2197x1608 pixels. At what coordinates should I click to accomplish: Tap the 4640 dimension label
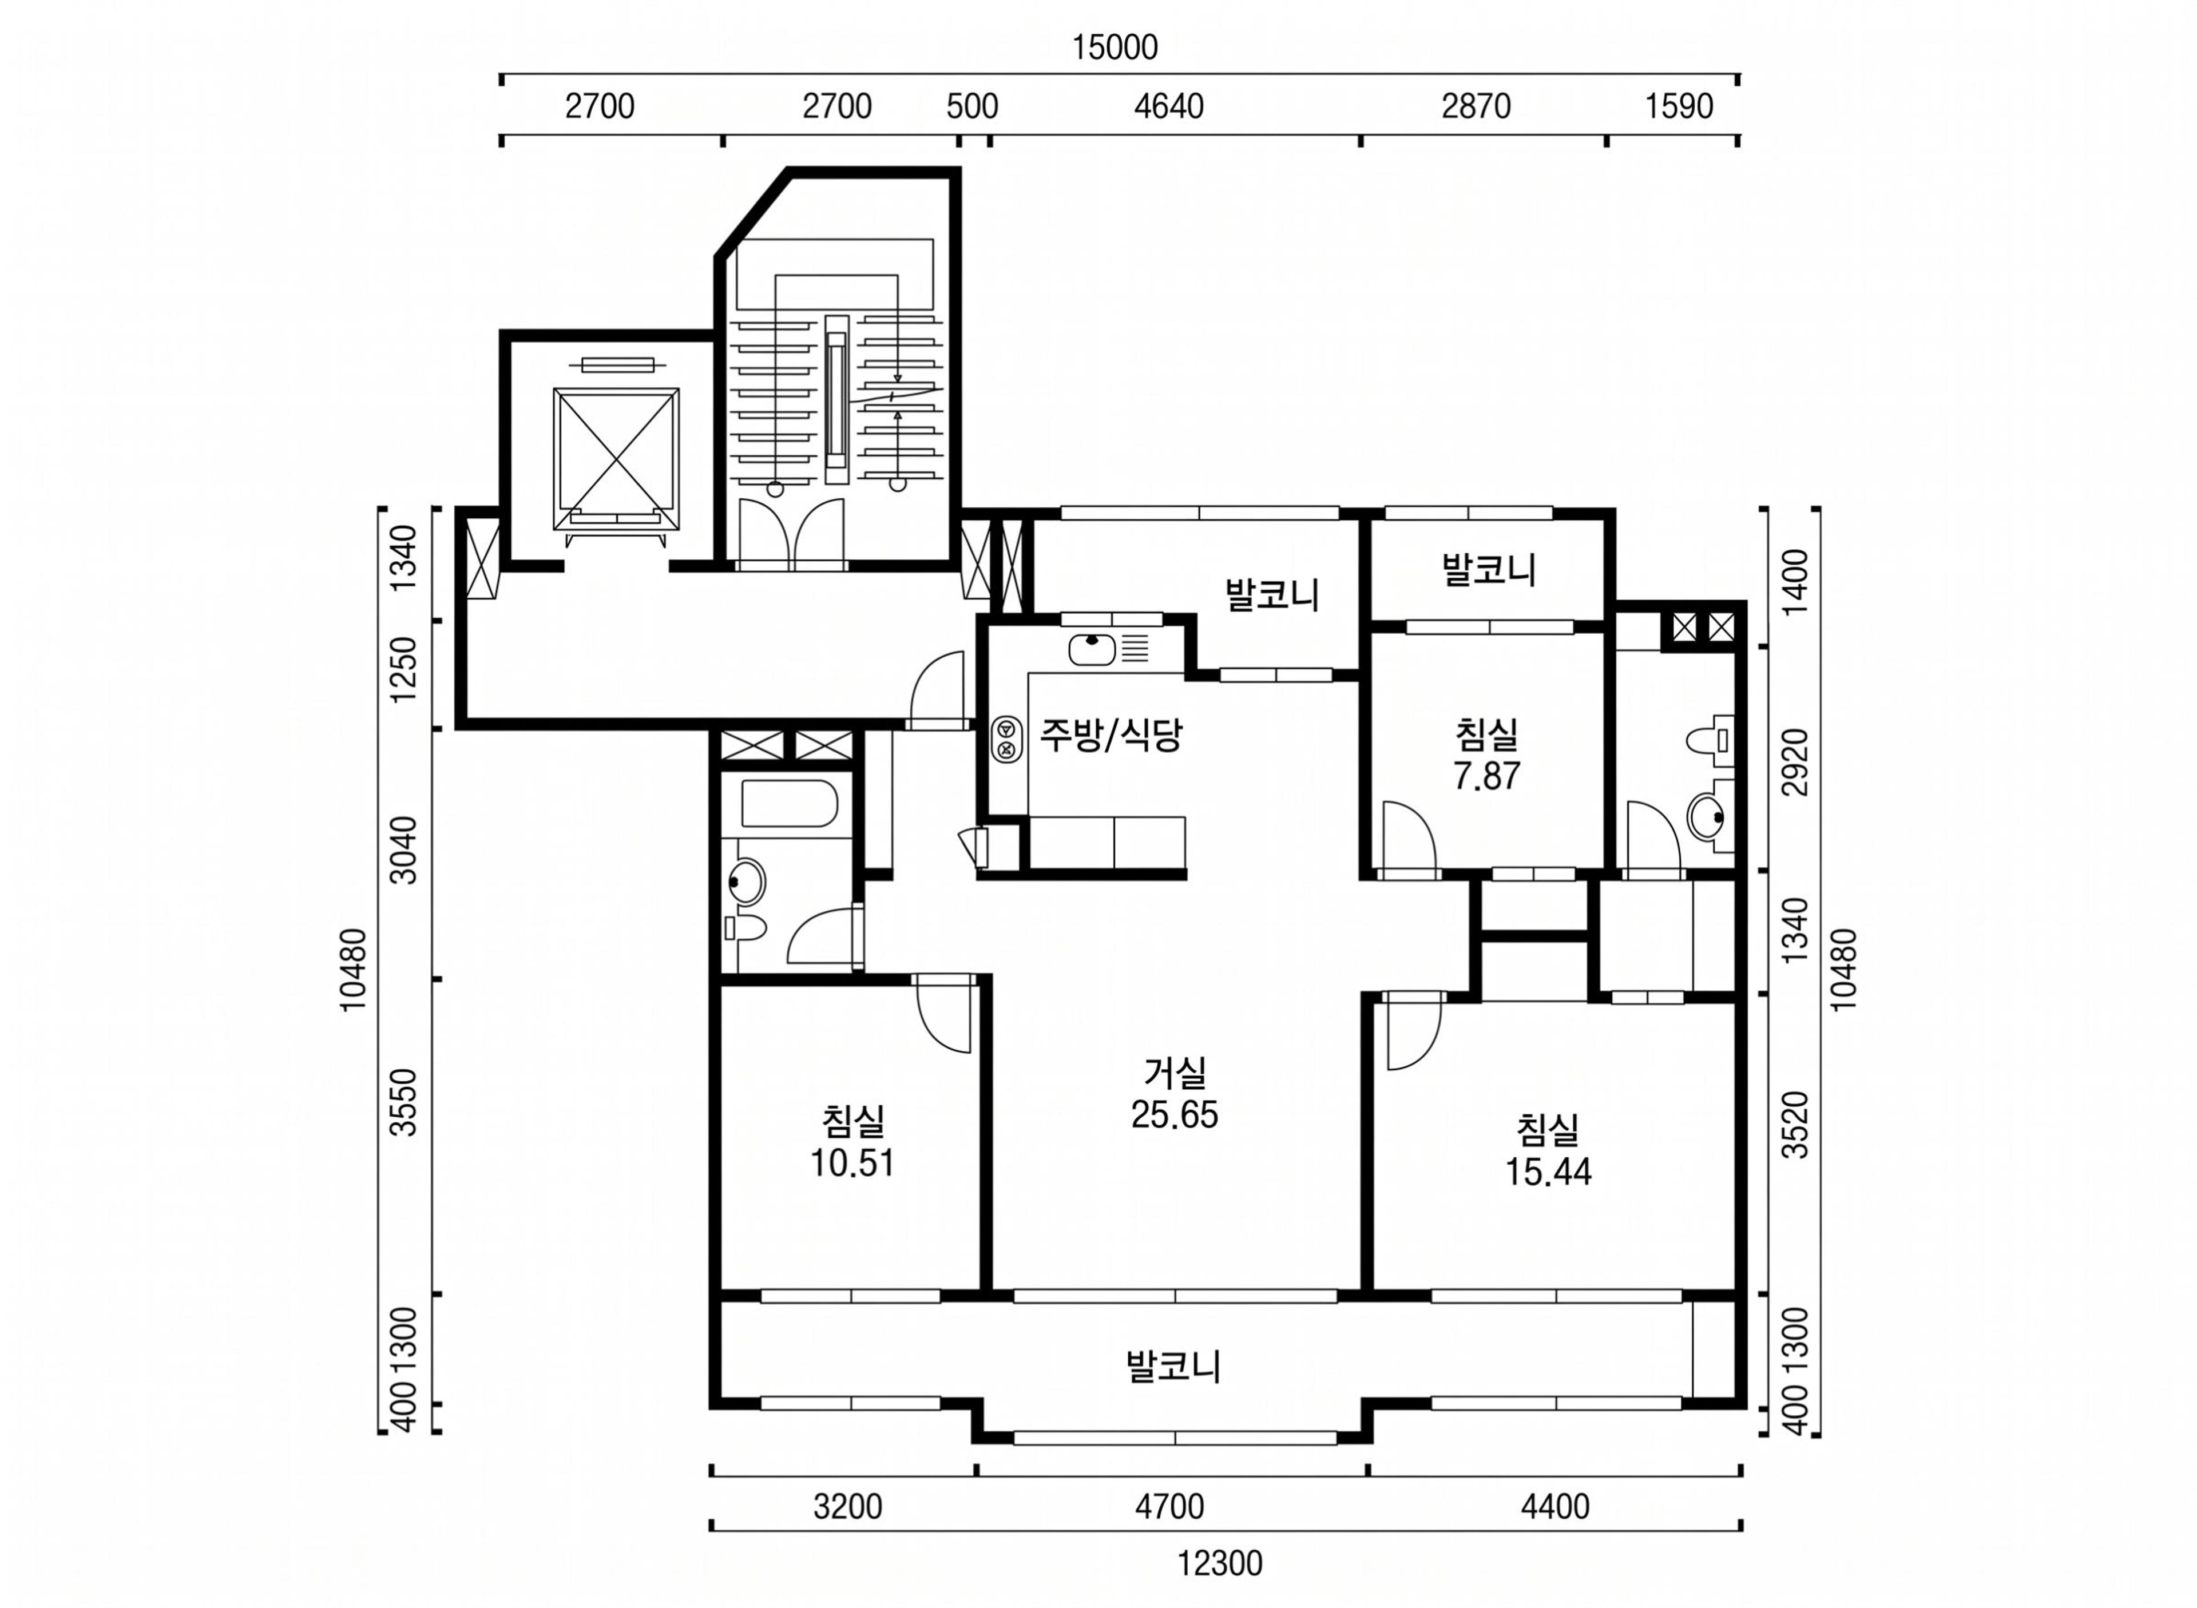pos(1168,106)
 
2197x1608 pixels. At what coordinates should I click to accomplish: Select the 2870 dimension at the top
pos(1476,106)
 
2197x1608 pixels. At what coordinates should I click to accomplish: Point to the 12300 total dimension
pos(1220,1563)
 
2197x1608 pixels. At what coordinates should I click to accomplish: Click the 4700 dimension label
pos(1169,1507)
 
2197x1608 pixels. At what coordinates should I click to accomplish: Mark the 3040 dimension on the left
pos(402,849)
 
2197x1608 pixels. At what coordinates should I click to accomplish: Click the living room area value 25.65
pos(1174,1114)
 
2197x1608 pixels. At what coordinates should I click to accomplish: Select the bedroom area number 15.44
pos(1548,1171)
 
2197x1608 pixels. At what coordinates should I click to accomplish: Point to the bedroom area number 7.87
pos(1486,776)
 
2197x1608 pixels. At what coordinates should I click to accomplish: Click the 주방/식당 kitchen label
pos(1111,735)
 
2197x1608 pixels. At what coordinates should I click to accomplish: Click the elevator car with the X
pos(616,459)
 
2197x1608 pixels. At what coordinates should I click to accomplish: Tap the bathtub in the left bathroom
pos(790,803)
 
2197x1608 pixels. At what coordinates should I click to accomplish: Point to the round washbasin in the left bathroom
pos(747,882)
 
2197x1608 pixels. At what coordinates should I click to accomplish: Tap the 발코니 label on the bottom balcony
pos(1173,1365)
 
